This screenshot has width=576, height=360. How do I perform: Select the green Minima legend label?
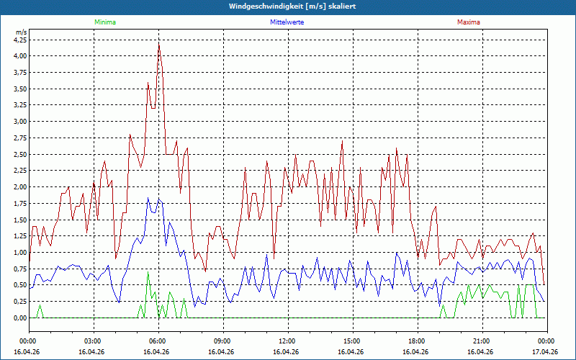pos(104,22)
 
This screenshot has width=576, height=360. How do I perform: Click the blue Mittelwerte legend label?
pos(287,22)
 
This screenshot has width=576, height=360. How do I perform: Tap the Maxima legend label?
pos(468,22)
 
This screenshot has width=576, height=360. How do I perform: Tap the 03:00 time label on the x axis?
pos(93,341)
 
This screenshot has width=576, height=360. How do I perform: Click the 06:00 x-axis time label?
pos(158,341)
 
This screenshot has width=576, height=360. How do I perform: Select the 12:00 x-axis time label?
pos(287,341)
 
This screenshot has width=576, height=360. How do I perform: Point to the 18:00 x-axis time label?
pos(416,341)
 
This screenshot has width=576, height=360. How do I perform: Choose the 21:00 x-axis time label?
pos(481,341)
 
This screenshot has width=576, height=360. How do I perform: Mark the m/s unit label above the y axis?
pos(21,32)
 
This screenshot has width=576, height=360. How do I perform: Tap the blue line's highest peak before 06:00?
pos(148,198)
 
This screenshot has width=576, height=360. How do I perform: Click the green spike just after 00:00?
pos(40,305)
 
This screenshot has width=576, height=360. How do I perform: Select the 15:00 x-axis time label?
pos(352,341)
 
